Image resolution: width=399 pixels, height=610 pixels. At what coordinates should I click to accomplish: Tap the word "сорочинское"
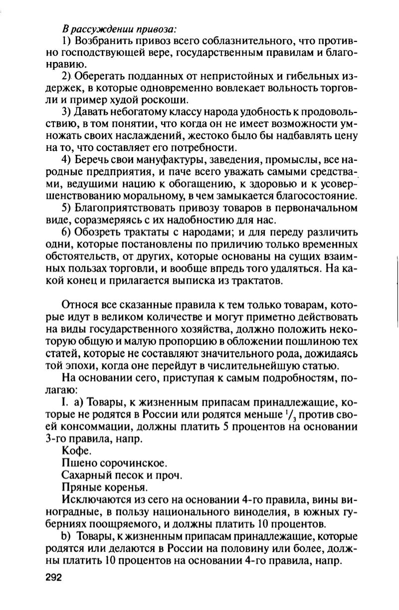[129, 462]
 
